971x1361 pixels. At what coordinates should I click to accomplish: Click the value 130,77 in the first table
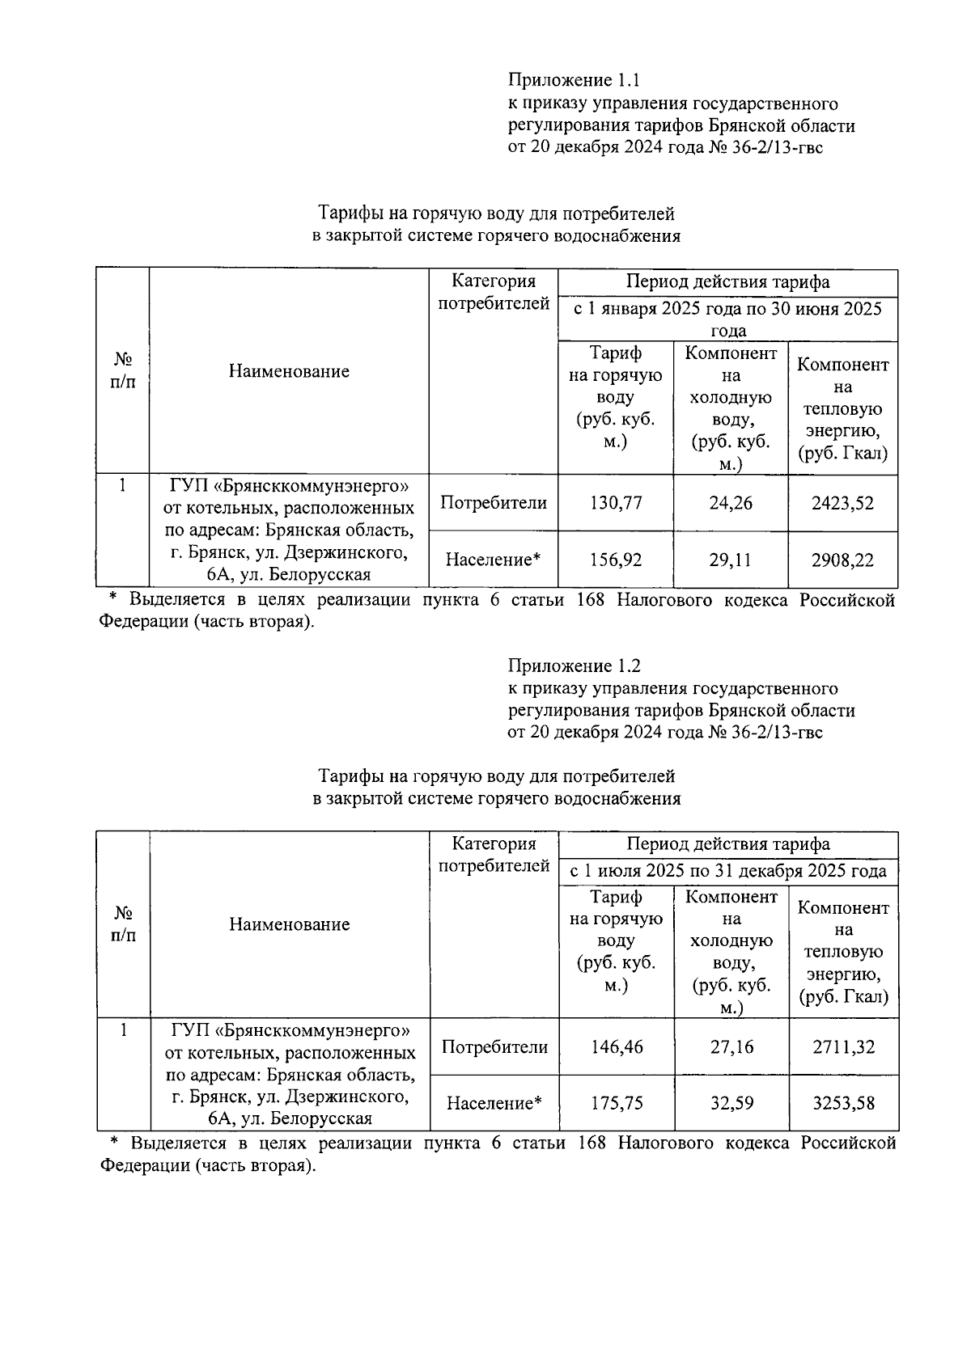click(616, 503)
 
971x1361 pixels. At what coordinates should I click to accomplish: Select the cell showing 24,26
click(731, 503)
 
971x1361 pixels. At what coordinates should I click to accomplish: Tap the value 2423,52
click(842, 503)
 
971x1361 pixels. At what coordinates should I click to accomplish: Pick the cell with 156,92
click(616, 560)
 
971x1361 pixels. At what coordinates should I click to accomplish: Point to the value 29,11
click(731, 560)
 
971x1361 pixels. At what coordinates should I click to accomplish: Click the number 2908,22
click(842, 560)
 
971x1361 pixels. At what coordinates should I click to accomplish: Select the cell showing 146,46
click(617, 1046)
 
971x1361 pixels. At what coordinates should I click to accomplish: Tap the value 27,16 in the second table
click(731, 1046)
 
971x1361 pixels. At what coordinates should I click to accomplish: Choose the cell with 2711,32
click(843, 1046)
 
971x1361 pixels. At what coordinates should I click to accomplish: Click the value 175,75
click(617, 1103)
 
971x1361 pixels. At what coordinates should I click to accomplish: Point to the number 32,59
click(731, 1103)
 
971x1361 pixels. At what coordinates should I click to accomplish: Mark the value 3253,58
click(843, 1103)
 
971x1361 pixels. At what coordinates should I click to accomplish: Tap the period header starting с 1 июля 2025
click(728, 871)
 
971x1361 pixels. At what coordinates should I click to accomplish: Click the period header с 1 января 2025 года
click(728, 319)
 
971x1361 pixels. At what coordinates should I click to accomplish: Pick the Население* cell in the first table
click(493, 560)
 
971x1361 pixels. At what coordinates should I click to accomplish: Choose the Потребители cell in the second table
click(494, 1046)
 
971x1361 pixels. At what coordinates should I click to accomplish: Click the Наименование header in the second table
click(290, 924)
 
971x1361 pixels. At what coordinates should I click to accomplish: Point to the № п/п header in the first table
click(122, 370)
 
